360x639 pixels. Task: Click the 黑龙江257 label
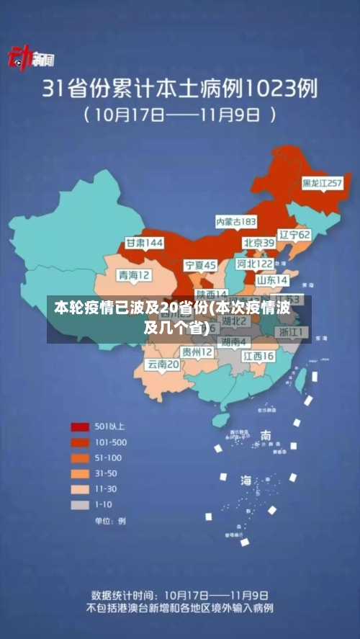(322, 184)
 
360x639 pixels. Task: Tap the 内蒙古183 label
(236, 222)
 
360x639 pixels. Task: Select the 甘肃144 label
(145, 243)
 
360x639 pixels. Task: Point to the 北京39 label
(258, 243)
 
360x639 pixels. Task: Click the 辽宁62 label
(294, 235)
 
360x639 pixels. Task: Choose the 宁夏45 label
(200, 265)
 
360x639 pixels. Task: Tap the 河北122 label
(255, 264)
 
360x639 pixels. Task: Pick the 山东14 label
(273, 280)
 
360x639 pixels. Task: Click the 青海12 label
(135, 274)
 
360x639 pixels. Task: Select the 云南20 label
(163, 365)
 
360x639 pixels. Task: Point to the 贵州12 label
(197, 352)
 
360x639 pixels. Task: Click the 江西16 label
(258, 356)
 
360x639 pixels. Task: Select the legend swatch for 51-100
(80, 457)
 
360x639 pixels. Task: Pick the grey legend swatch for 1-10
(80, 504)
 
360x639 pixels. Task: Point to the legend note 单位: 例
(110, 520)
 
